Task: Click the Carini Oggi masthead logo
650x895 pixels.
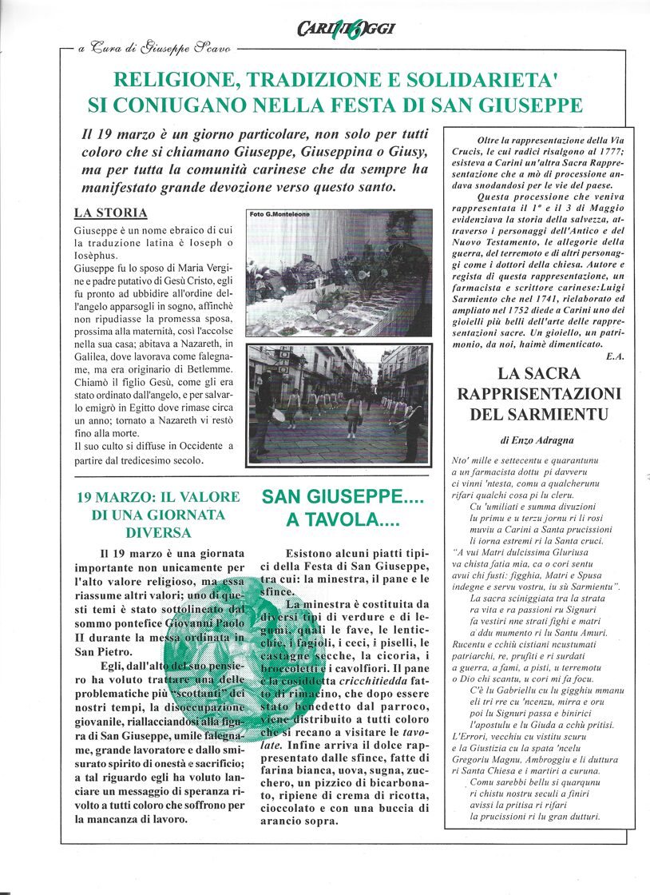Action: (346, 30)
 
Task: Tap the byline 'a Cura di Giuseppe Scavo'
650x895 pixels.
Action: (154, 49)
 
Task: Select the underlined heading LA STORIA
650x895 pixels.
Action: (110, 213)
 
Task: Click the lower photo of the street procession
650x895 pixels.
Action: (339, 404)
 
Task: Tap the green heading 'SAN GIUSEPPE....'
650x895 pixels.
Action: (343, 497)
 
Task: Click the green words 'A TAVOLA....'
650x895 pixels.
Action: (343, 520)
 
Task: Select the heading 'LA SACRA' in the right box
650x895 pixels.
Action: (539, 372)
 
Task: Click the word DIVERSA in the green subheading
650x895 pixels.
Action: (158, 532)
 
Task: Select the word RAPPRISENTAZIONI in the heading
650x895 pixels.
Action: (539, 393)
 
